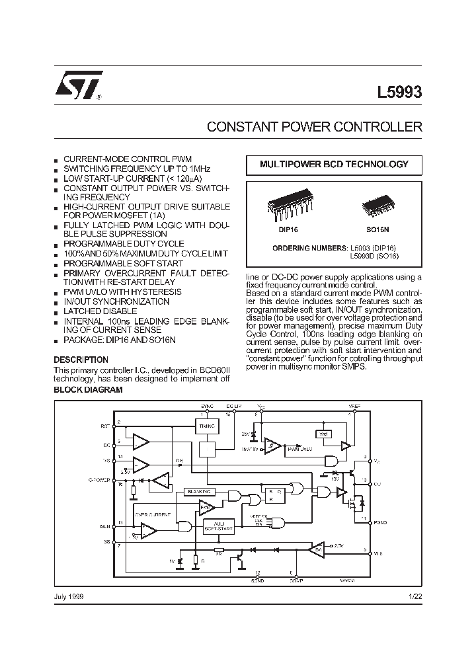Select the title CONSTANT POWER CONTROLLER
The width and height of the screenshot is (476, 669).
(x=314, y=126)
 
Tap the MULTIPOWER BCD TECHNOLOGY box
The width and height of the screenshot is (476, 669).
(x=334, y=165)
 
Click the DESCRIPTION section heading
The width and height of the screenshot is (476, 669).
(x=80, y=360)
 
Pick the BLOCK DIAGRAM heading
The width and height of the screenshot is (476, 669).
(x=88, y=390)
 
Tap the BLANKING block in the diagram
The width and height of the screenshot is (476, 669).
(x=199, y=492)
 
